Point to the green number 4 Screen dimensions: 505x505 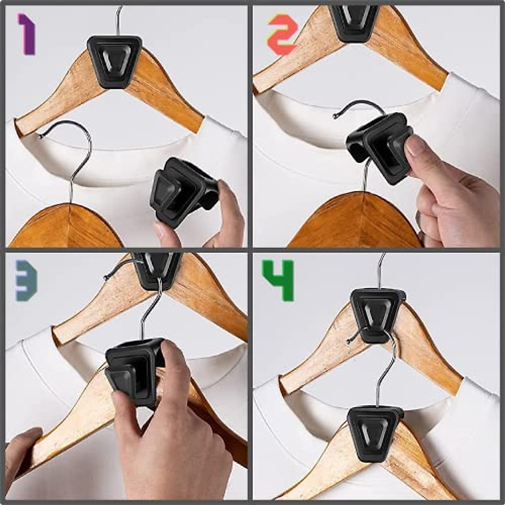(278, 280)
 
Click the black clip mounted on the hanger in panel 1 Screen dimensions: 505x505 (114, 61)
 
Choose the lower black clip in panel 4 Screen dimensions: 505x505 (374, 433)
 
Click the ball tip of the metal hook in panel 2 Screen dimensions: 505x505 (335, 117)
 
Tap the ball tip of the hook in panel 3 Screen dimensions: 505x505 (106, 277)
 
